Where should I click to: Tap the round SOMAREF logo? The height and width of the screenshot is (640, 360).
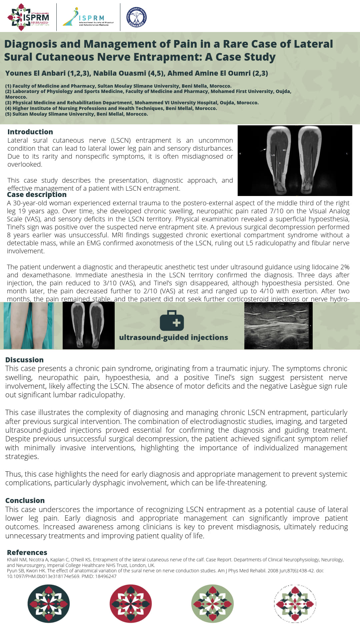pos(137,17)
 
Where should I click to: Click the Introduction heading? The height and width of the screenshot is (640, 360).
pos(30,132)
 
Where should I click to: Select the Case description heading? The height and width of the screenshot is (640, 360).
pos(37,195)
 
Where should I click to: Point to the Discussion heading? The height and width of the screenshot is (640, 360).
pos(24,360)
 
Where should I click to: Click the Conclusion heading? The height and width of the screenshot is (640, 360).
pos(25,501)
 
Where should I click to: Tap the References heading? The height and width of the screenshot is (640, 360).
pos(27,553)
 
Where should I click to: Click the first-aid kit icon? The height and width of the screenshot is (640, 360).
pos(172,321)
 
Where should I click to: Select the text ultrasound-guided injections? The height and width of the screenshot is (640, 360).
pos(173,338)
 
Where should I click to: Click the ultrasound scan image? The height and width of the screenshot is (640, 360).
pos(278,326)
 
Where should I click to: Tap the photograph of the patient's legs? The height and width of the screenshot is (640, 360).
pos(29,326)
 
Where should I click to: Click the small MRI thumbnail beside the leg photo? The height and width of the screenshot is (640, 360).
pos(89,326)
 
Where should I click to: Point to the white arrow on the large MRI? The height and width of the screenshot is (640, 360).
pos(263,150)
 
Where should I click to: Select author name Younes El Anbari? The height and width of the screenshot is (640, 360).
pos(35,73)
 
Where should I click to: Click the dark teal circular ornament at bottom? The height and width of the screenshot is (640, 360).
pos(49,604)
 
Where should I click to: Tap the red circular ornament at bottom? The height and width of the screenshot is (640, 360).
pos(131,604)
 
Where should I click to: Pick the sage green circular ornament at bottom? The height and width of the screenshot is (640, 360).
pos(213,604)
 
